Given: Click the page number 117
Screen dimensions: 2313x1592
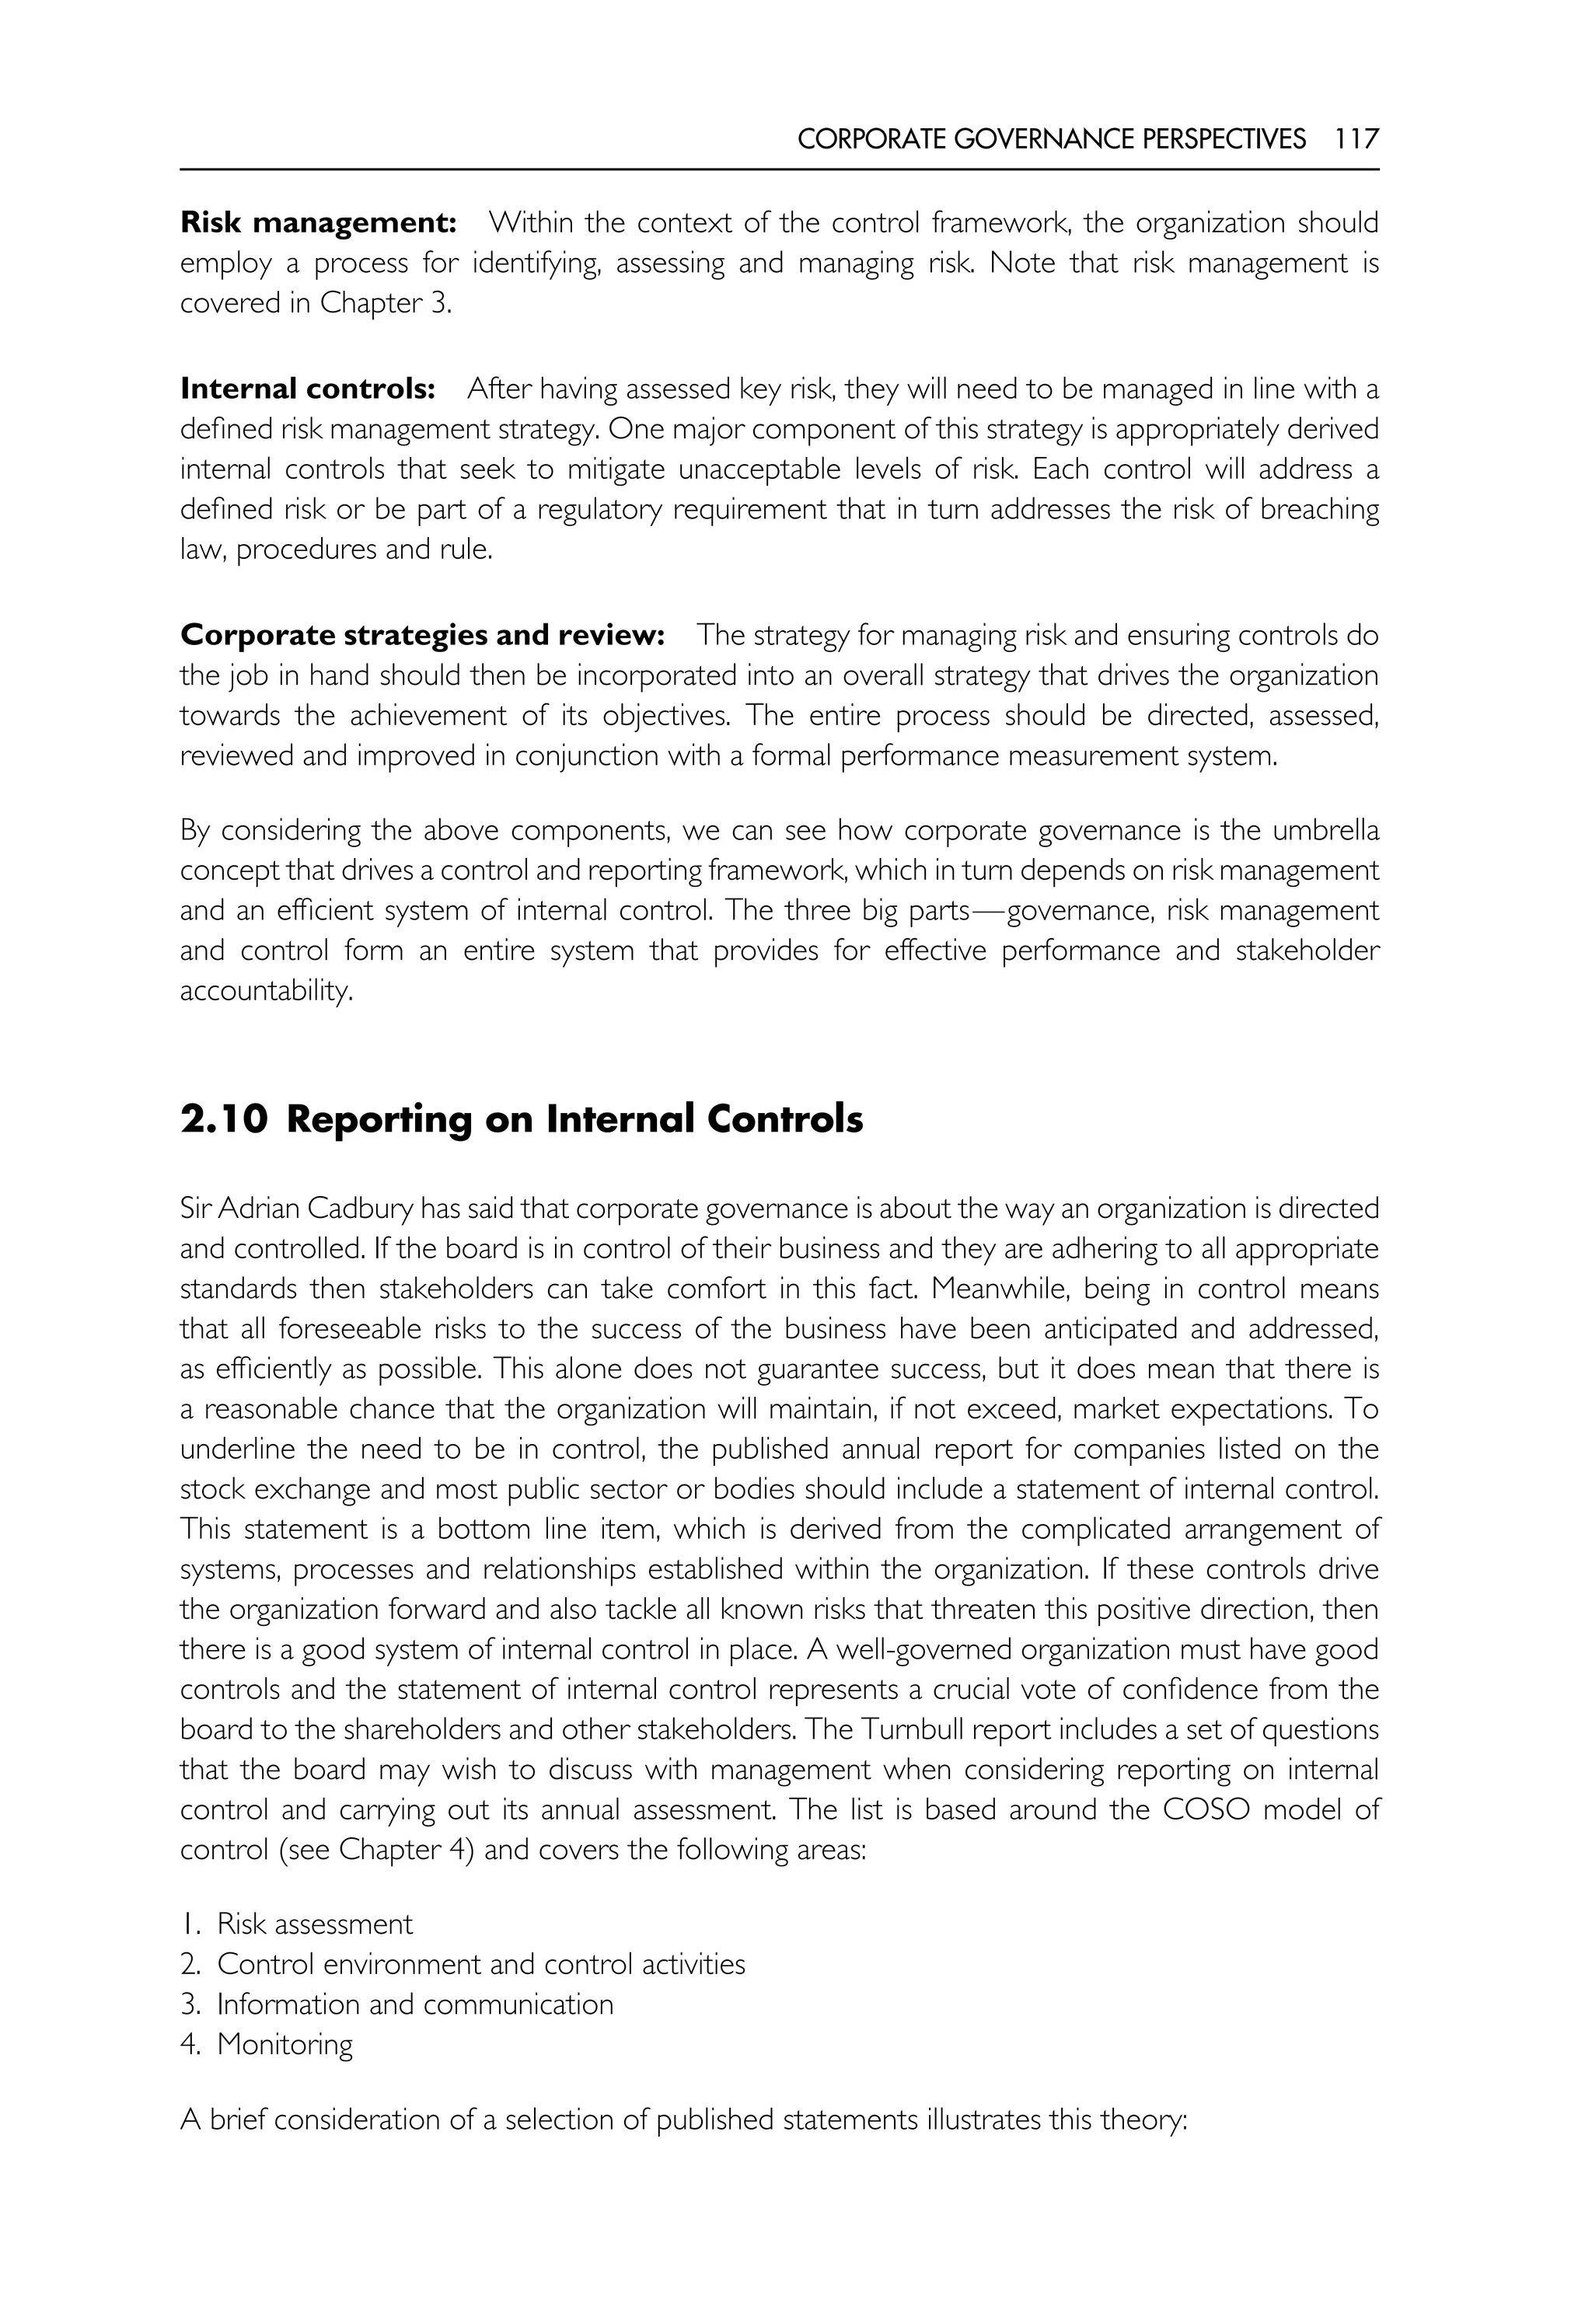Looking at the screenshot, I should click(x=1356, y=138).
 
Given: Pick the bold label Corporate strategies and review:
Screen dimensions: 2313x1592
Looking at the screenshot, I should click(x=422, y=634).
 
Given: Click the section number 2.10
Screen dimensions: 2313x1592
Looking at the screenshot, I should click(x=225, y=1119).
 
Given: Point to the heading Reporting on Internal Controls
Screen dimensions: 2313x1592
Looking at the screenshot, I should click(x=574, y=1119).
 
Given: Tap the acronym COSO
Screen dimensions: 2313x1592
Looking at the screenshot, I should click(x=1206, y=1809).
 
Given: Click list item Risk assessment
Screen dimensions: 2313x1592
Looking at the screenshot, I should click(x=314, y=1924).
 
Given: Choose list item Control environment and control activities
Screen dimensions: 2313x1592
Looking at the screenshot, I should click(x=481, y=1964).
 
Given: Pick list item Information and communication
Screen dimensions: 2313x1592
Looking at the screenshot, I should click(x=415, y=2004).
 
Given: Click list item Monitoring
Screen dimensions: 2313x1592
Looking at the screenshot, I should click(x=285, y=2044).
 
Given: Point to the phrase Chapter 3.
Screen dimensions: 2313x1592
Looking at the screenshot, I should click(x=384, y=303).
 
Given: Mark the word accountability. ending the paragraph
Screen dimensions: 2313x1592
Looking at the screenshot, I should click(x=267, y=992).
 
